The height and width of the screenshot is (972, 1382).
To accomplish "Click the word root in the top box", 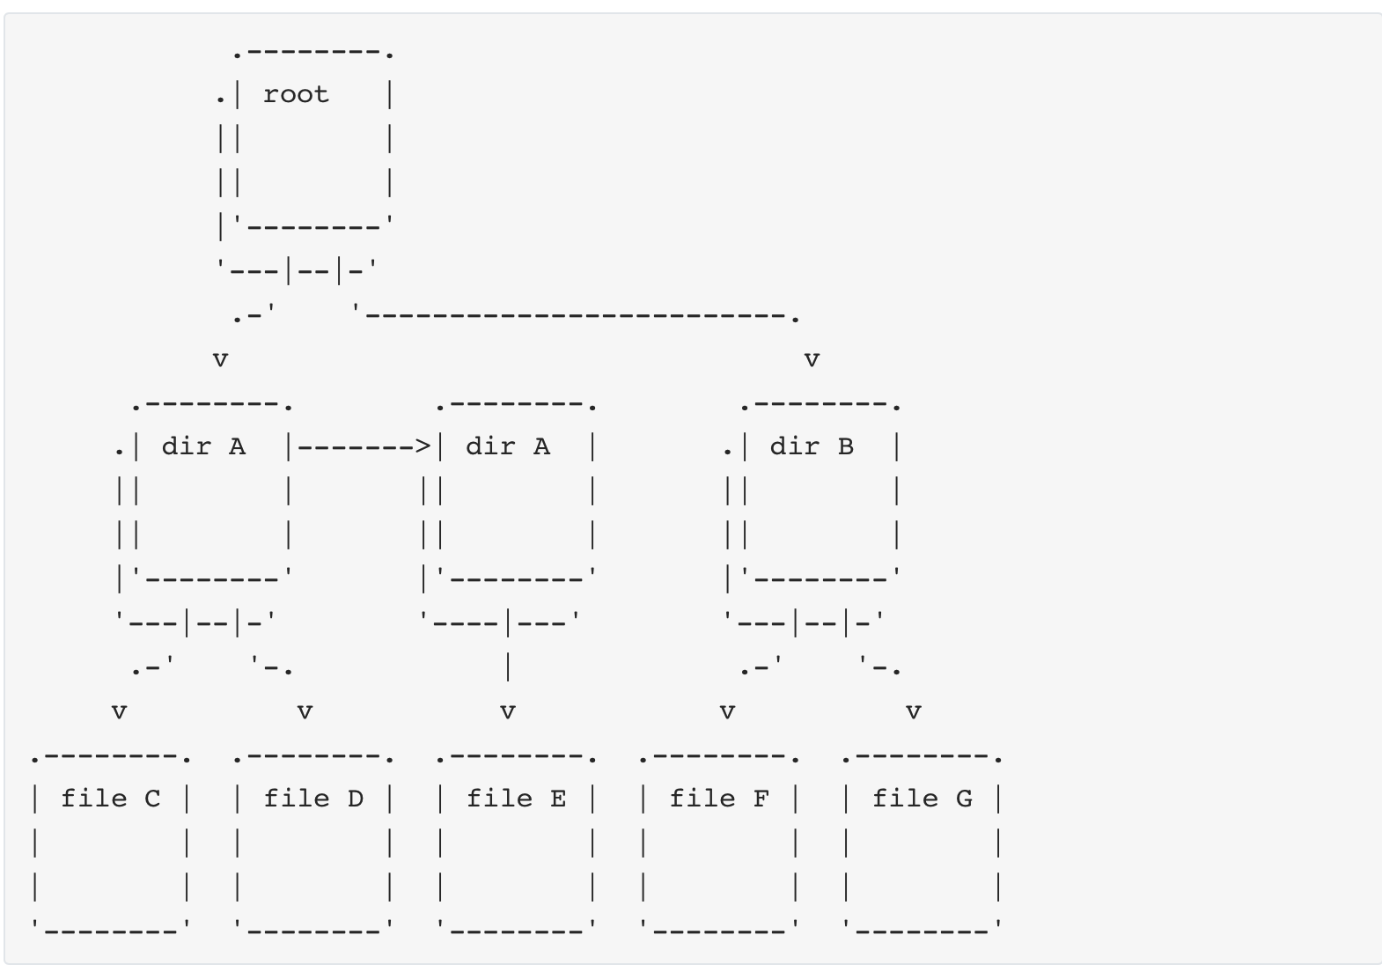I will coord(296,94).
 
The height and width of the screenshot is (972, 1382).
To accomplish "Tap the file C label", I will coord(111,799).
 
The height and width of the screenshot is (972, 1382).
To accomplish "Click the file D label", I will coord(313,799).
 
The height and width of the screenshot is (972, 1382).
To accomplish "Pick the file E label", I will coord(516,799).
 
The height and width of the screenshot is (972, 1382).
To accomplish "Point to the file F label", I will coord(719,799).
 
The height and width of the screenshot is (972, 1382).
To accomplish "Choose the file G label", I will coord(923,799).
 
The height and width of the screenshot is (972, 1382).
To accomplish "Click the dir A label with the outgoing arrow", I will coord(203,446).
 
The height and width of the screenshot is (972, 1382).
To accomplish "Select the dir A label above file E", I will coord(508,446).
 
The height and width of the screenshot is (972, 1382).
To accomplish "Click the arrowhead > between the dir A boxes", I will coord(423,446).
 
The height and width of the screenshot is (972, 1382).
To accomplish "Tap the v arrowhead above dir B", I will coord(812,359).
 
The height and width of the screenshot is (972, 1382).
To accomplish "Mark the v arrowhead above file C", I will coord(119,711).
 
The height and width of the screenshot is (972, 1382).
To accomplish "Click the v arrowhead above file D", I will coord(305,711).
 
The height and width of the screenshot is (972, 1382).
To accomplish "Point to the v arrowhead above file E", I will coord(508,711).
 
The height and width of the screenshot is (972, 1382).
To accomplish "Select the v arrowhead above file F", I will coord(727,711).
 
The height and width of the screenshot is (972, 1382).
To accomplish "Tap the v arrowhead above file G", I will coord(914,711).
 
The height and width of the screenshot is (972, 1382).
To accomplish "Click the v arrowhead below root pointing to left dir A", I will coord(220,359).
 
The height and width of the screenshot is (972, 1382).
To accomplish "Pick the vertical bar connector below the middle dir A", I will coord(508,666).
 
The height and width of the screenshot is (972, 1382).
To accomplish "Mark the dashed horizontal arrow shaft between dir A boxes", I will coord(357,446).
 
